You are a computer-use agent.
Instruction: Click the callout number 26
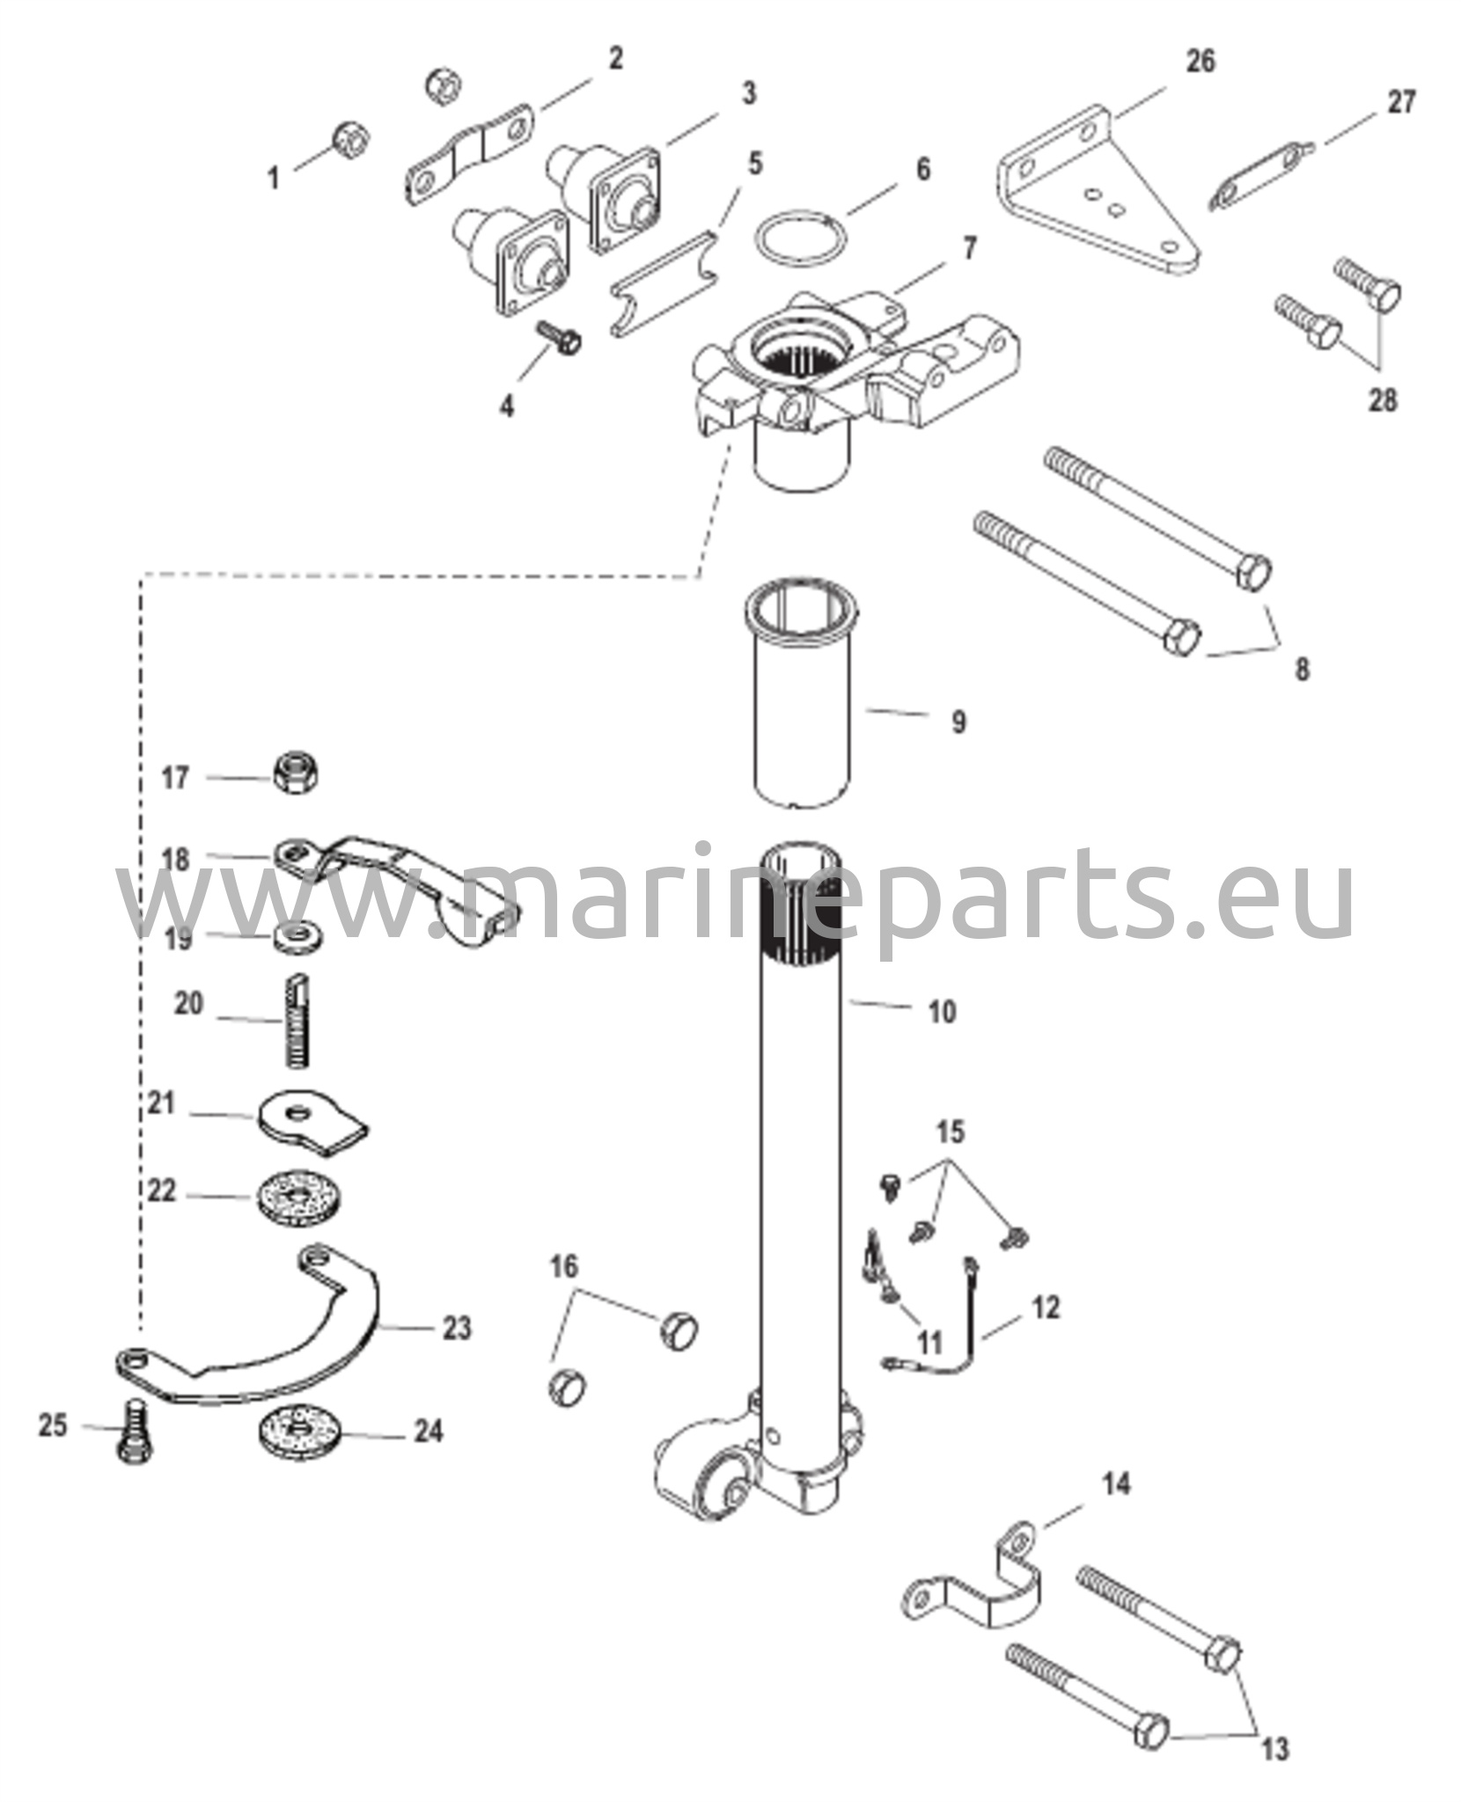[x=1200, y=62]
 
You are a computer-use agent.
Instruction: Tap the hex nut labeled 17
[x=297, y=774]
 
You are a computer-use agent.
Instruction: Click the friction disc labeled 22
[x=301, y=1198]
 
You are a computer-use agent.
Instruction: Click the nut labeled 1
[x=351, y=138]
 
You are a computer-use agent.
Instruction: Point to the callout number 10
[x=942, y=1012]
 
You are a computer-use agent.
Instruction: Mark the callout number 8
[x=1302, y=669]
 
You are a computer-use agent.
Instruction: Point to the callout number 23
[x=456, y=1328]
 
